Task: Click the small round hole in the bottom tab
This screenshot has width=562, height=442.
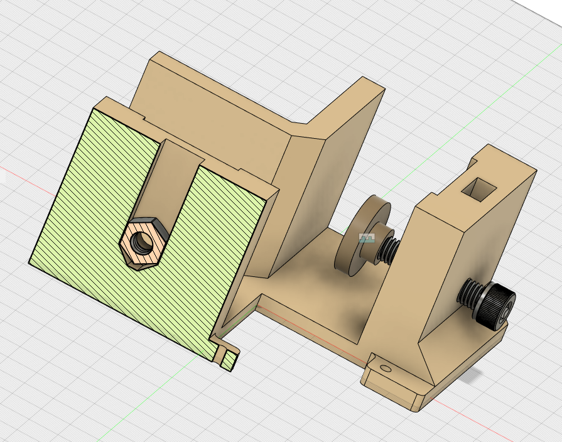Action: click(384, 368)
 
